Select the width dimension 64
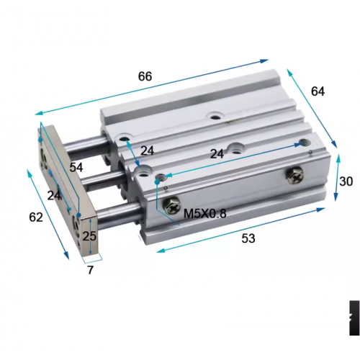[x=318, y=91]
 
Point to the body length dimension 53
[x=247, y=238]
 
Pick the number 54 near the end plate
[x=76, y=166]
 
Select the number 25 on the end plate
[x=89, y=235]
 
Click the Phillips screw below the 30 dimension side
[x=296, y=174]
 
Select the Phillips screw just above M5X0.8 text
[x=174, y=206]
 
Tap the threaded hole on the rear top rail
[x=214, y=116]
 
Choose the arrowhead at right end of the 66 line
[x=266, y=61]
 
